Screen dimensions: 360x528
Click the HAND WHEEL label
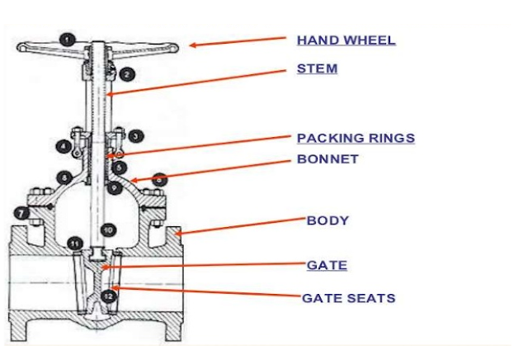click(x=346, y=40)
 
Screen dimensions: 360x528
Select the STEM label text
click(x=317, y=69)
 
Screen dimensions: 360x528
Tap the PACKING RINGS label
click(x=356, y=138)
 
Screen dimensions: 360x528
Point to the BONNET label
click(x=328, y=159)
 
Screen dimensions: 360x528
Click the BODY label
click(x=328, y=220)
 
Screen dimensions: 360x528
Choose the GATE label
click(x=327, y=265)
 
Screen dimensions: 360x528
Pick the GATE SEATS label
click(x=349, y=297)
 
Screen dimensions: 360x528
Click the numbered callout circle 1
click(x=68, y=39)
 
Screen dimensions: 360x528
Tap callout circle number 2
click(x=126, y=74)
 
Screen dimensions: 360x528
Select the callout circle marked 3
click(x=135, y=135)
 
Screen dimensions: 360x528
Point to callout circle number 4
click(x=64, y=146)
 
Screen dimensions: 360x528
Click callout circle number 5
click(x=120, y=167)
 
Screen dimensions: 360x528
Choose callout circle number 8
click(x=64, y=178)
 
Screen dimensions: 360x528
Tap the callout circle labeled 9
click(x=116, y=187)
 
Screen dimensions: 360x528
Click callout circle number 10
click(x=107, y=229)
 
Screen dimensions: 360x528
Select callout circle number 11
click(x=75, y=244)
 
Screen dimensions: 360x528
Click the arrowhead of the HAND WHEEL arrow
click(x=190, y=45)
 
